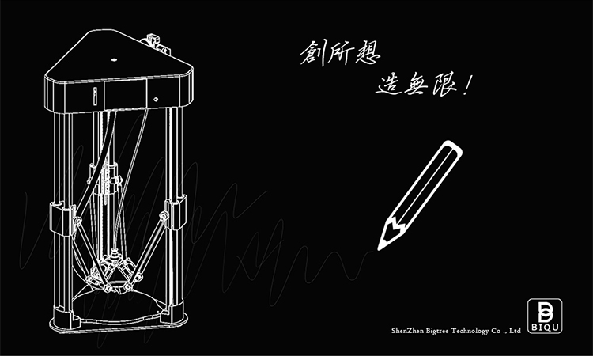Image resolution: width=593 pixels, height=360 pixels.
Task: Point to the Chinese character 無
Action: point(415,85)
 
